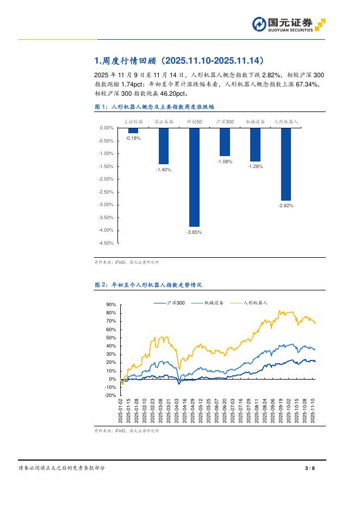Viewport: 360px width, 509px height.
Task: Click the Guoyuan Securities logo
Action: [x=289, y=24]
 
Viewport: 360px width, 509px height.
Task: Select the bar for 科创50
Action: [x=194, y=177]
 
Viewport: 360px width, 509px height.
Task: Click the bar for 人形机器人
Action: [x=285, y=164]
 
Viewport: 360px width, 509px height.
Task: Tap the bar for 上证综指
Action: [x=133, y=131]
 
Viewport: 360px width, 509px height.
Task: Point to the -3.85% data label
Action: [x=194, y=232]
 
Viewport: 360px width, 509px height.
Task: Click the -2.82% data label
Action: [x=285, y=206]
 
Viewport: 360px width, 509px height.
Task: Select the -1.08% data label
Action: [x=225, y=162]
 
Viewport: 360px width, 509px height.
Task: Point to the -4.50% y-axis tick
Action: [x=105, y=243]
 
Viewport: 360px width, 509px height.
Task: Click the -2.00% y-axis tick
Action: [x=105, y=179]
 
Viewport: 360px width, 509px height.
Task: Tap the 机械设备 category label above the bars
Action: [x=255, y=122]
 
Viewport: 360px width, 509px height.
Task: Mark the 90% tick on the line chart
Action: [x=111, y=305]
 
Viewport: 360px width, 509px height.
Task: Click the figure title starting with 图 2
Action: [x=148, y=284]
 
